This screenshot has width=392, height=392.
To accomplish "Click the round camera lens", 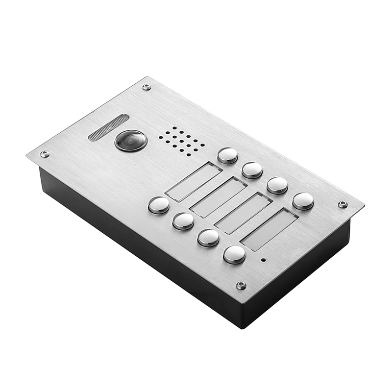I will click(131, 141).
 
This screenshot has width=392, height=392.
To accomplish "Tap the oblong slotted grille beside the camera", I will click(108, 127).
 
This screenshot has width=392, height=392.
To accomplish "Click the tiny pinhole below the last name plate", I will click(263, 260).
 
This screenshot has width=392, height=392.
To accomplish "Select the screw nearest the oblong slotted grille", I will click(146, 87).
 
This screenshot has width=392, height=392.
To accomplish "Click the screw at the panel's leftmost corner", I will click(44, 154).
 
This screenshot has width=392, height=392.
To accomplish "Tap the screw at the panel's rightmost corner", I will click(343, 204).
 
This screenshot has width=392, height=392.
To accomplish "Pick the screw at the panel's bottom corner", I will click(241, 285).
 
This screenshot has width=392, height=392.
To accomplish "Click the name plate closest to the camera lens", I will click(194, 182).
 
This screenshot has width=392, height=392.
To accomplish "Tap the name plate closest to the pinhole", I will click(269, 229).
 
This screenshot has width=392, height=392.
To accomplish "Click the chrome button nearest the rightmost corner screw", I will click(303, 201).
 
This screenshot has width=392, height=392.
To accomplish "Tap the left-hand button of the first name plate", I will click(159, 205).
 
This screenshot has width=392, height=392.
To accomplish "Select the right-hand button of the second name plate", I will click(252, 170).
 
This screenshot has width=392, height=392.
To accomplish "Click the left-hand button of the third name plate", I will click(208, 238).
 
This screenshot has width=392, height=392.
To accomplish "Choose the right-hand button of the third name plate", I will click(277, 185).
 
